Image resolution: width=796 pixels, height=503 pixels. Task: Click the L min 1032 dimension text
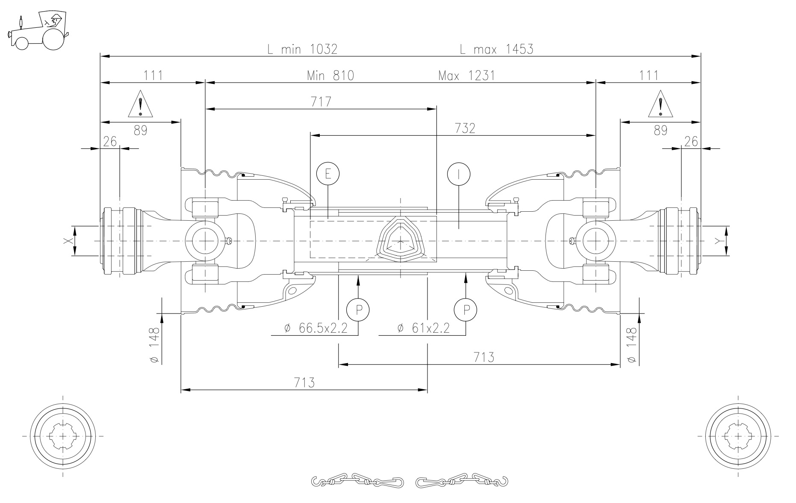(303, 49)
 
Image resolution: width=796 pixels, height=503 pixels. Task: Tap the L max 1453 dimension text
(497, 49)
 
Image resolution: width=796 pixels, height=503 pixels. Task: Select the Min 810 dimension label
(330, 76)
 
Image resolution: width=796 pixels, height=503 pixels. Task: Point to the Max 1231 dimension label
(466, 76)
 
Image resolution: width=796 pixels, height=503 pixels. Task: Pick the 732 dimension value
(465, 128)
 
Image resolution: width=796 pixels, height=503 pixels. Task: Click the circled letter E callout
(328, 174)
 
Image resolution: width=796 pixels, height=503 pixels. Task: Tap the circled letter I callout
(458, 174)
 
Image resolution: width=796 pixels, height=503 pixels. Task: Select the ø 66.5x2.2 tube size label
(315, 328)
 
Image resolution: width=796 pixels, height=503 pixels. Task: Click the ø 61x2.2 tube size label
(423, 328)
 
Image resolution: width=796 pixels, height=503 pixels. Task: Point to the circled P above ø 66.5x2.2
(358, 309)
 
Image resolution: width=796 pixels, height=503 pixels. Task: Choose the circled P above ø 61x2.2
(466, 309)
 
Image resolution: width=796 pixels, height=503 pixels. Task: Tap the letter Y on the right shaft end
(717, 241)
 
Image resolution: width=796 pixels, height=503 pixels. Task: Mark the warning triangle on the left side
(140, 104)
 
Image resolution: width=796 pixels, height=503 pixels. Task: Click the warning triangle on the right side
(660, 104)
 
